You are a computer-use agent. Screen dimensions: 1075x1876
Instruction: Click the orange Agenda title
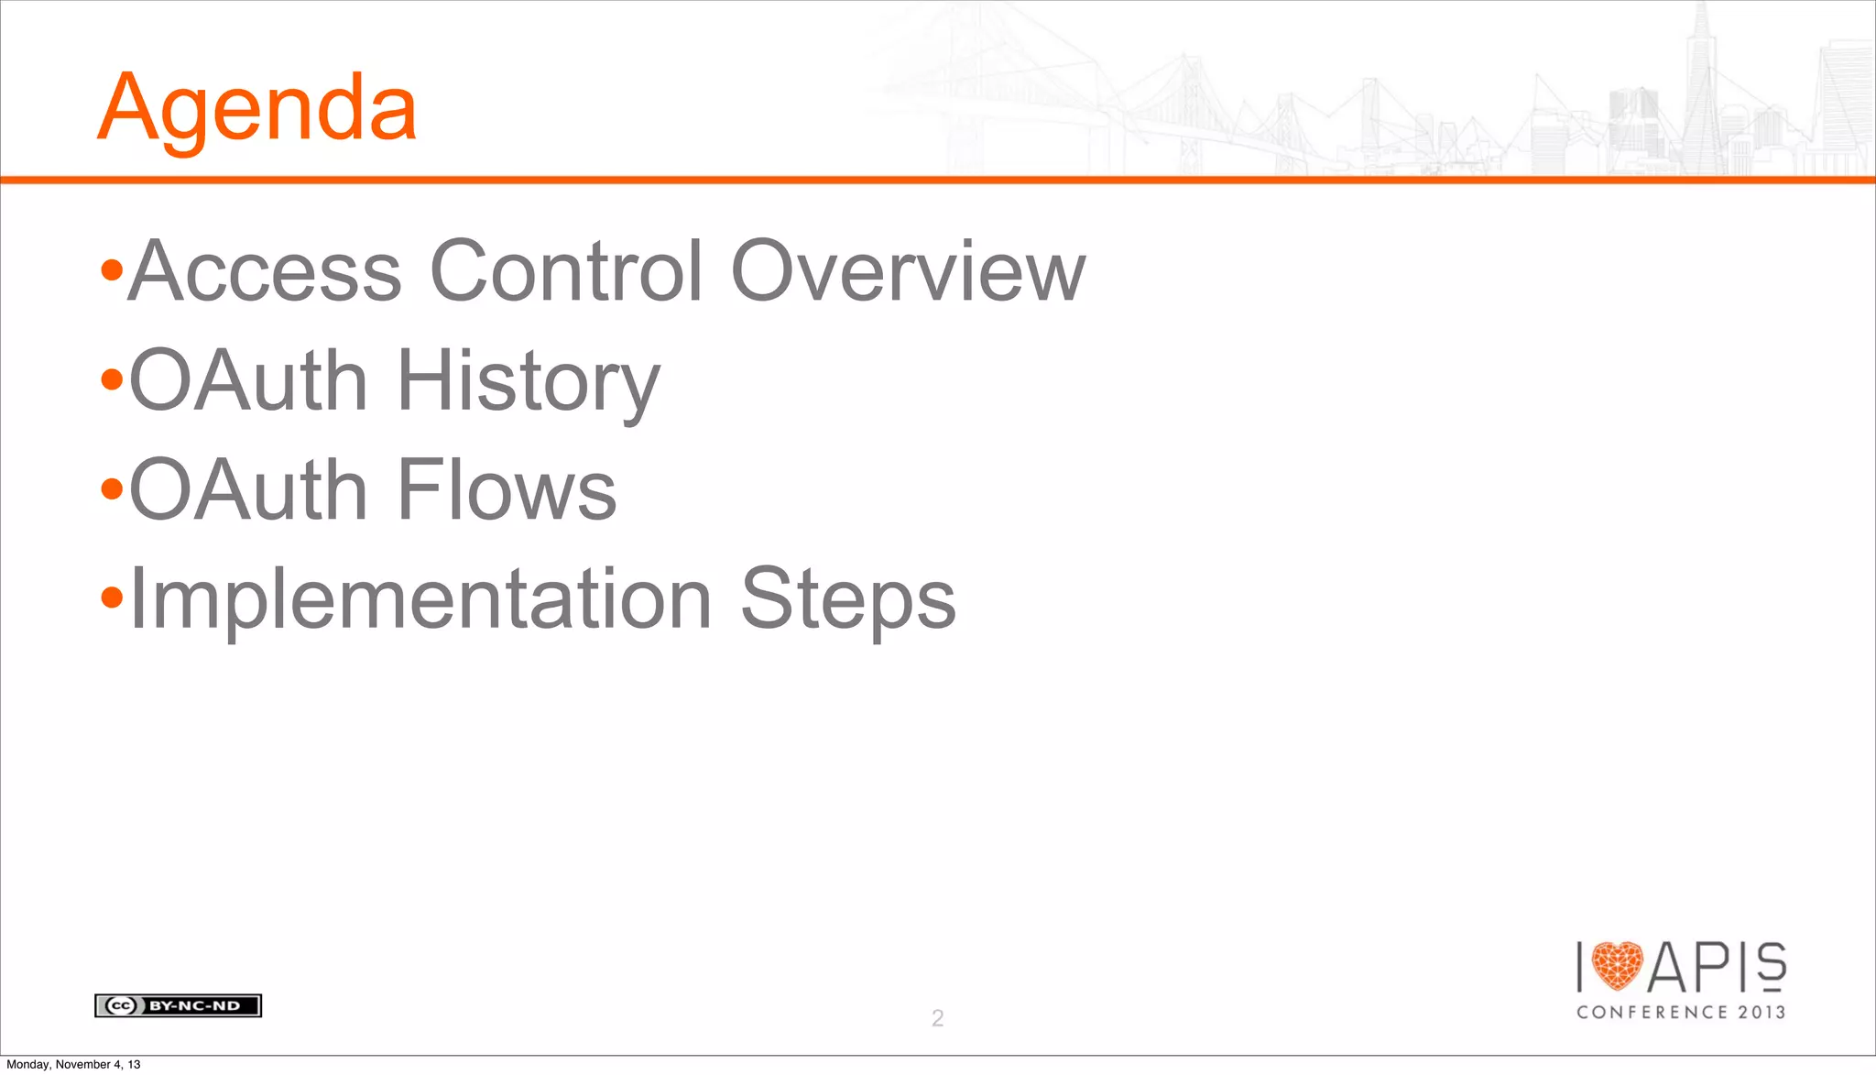click(x=257, y=109)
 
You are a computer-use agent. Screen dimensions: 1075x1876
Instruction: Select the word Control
click(x=566, y=271)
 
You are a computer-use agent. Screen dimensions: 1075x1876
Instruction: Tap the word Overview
click(x=907, y=271)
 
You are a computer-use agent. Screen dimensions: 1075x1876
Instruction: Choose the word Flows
click(x=507, y=490)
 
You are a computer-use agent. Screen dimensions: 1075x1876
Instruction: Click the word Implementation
click(x=420, y=600)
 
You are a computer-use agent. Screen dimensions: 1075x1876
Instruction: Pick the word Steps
click(x=847, y=600)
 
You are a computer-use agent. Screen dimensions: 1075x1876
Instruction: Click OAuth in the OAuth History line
click(x=248, y=381)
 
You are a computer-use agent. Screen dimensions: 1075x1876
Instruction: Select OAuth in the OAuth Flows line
click(x=248, y=490)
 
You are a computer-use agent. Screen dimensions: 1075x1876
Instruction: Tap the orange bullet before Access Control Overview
click(x=112, y=271)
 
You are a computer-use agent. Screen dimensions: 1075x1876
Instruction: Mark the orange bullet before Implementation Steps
click(x=112, y=598)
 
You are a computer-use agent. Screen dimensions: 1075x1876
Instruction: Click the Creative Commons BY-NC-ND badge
click(x=178, y=1005)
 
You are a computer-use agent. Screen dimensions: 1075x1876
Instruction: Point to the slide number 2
click(x=937, y=1017)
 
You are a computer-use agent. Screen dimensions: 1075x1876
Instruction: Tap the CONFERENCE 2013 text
click(x=1681, y=1012)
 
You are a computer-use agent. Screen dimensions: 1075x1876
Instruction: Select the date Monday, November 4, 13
click(x=73, y=1064)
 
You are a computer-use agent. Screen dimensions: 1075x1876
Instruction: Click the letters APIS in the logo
click(x=1717, y=967)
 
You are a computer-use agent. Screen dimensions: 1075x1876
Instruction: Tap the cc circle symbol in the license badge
click(x=121, y=1005)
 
